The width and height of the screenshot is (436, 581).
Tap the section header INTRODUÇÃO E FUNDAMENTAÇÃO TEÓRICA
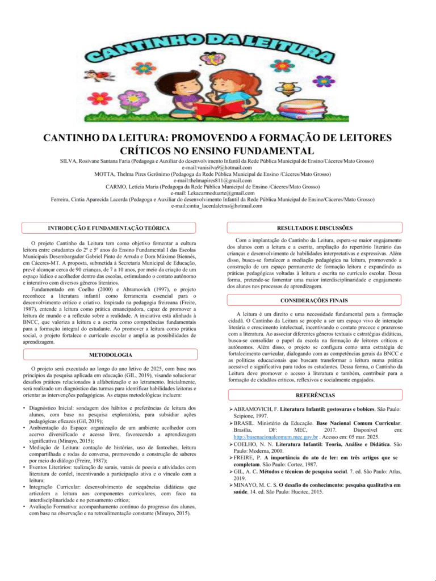pos(108,228)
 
